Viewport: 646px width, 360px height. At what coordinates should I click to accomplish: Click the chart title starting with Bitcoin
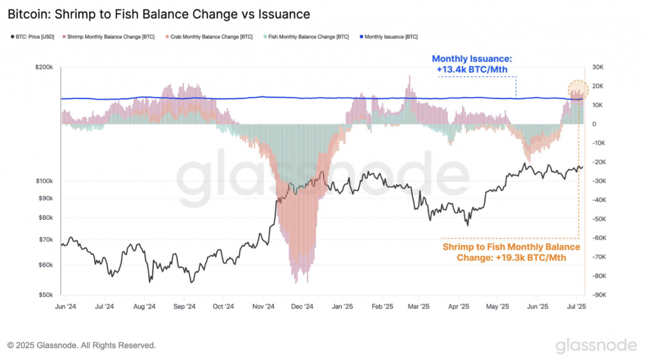[x=158, y=13]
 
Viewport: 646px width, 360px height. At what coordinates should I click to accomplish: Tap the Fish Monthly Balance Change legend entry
[x=305, y=37]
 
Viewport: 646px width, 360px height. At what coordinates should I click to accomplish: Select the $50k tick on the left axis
[x=45, y=295]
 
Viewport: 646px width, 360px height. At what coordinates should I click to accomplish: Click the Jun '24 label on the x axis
[x=66, y=307]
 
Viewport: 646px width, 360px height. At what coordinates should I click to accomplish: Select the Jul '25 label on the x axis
[x=576, y=307]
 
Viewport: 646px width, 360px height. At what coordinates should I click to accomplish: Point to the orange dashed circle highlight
[x=578, y=90]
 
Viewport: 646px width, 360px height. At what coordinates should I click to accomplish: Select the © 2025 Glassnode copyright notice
[x=81, y=345]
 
